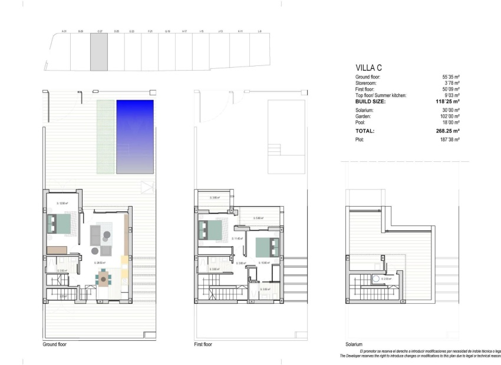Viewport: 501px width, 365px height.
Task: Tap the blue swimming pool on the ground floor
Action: pyautogui.click(x=135, y=137)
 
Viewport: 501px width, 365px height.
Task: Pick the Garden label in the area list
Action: pyautogui.click(x=364, y=117)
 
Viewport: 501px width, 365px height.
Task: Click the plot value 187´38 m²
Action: pyautogui.click(x=450, y=140)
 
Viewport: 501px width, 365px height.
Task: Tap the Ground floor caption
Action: pyautogui.click(x=55, y=344)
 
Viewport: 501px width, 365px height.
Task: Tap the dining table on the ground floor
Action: pyautogui.click(x=104, y=277)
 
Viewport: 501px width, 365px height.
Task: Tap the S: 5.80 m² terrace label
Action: pyautogui.click(x=258, y=218)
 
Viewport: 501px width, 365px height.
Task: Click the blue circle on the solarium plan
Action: pyautogui.click(x=375, y=279)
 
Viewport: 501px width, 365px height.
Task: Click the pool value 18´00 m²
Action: pyautogui.click(x=451, y=122)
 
